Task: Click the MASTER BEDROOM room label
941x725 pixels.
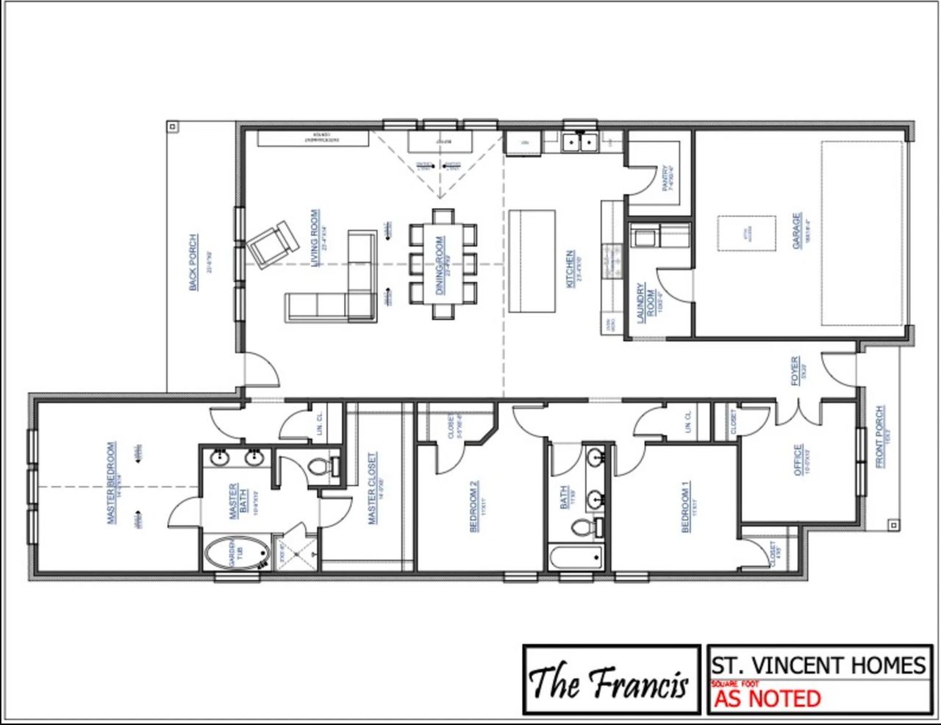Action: tap(112, 482)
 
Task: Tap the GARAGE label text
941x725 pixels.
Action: tap(797, 231)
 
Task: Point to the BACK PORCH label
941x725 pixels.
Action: tap(193, 262)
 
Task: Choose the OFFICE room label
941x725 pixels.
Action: tap(798, 460)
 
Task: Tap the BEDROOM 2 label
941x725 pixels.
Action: tap(474, 506)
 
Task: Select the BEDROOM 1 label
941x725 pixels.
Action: tap(686, 507)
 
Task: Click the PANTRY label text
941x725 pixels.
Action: tap(665, 178)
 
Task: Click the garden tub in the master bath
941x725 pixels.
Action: tap(236, 553)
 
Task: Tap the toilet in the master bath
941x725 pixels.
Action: tap(322, 466)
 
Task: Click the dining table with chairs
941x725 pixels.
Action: tap(443, 263)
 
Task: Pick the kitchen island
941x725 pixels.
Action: tap(532, 261)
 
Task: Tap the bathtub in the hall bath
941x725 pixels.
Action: tap(576, 557)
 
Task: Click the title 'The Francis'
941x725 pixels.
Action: tap(609, 681)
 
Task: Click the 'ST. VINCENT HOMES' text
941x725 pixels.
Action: tap(818, 665)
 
